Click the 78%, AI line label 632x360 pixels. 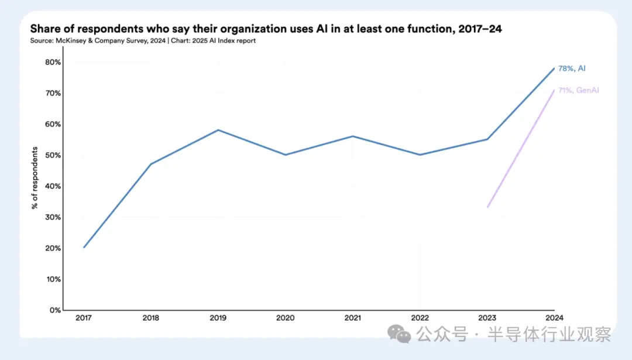[x=571, y=68]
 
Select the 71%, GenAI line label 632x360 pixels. [x=578, y=90]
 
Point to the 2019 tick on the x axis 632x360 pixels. [x=218, y=317]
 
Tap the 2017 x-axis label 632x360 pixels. [x=84, y=317]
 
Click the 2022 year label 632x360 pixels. [x=420, y=317]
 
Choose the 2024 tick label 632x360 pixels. [x=554, y=317]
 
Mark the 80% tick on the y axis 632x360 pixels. [x=53, y=62]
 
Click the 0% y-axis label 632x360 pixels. [x=56, y=310]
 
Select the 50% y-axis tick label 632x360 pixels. [x=53, y=155]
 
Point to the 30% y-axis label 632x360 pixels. [x=53, y=217]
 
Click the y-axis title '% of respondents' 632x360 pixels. [x=35, y=178]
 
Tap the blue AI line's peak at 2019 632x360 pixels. [x=218, y=130]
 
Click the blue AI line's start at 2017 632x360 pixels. [x=84, y=247]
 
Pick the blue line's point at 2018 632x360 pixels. [x=151, y=164]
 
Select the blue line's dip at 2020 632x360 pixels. [x=286, y=155]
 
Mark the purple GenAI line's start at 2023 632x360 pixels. [x=487, y=207]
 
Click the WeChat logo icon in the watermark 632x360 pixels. [x=403, y=334]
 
